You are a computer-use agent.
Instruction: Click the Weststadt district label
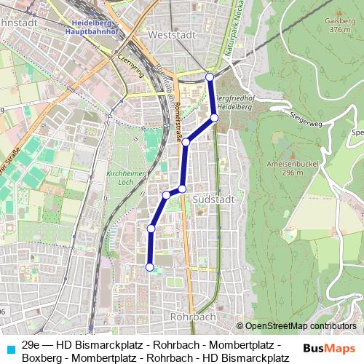pyautogui.click(x=169, y=34)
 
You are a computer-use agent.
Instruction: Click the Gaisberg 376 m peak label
pyautogui.click(x=339, y=25)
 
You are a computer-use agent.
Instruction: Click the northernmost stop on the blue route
pyautogui.click(x=210, y=76)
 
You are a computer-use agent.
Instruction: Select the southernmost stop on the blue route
pyautogui.click(x=151, y=267)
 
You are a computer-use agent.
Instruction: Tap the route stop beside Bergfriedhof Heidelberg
pyautogui.click(x=214, y=117)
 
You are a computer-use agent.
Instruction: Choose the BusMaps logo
pyautogui.click(x=329, y=349)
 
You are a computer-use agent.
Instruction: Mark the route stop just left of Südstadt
pyautogui.click(x=182, y=189)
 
